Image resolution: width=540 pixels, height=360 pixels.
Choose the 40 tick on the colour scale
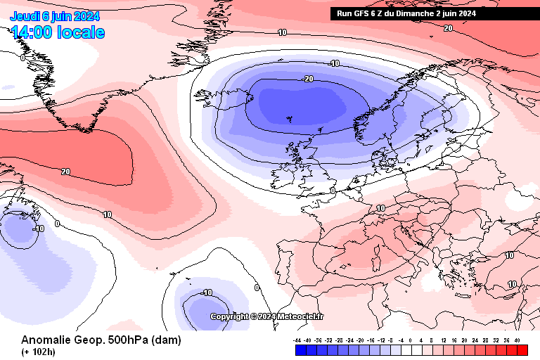coord(517,340)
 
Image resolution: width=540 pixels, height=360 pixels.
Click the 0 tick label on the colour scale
coord(412,340)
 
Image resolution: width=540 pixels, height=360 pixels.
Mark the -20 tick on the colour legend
coord(361,340)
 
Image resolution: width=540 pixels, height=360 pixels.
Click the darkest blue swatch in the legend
coord(300,349)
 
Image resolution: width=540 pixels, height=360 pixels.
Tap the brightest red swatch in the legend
coord(522,349)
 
